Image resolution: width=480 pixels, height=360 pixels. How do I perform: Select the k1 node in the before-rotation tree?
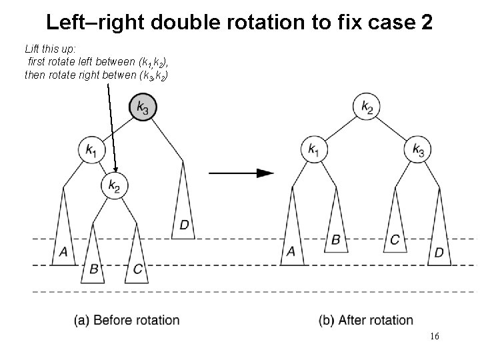tap(91, 150)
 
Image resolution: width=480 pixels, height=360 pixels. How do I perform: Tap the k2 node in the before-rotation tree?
tap(115, 186)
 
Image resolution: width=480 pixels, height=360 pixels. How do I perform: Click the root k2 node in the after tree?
tap(367, 106)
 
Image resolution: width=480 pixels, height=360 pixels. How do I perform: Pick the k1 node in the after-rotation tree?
tap(313, 149)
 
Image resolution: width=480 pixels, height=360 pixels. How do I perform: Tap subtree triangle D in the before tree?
tap(184, 213)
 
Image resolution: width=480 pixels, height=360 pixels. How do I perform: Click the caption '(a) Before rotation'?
tap(127, 320)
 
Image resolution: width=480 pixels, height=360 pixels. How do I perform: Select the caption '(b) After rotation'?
tap(366, 320)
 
